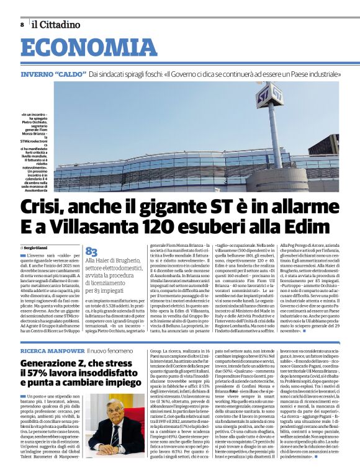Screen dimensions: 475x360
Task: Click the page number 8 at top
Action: pyautogui.click(x=22, y=24)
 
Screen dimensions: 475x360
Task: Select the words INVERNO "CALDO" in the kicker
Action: pyautogui.click(x=53, y=74)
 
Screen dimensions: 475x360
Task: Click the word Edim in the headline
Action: pyautogui.click(x=308, y=226)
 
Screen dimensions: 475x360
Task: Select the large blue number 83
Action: pyautogui.click(x=91, y=251)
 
